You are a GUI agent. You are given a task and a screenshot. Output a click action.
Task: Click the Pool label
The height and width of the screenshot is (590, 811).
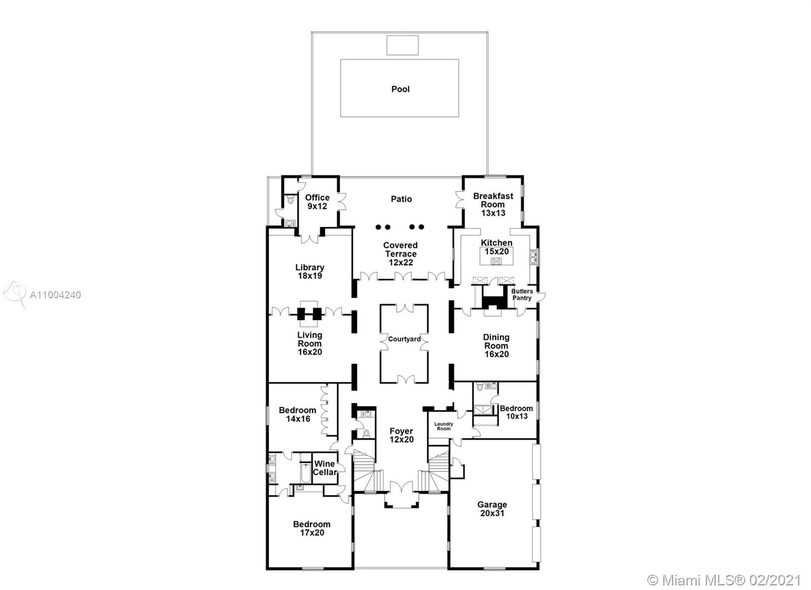click(400, 89)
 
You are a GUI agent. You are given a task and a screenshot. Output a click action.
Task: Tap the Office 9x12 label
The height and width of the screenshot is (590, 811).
click(317, 202)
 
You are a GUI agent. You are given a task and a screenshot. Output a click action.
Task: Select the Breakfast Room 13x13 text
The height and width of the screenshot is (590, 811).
click(493, 204)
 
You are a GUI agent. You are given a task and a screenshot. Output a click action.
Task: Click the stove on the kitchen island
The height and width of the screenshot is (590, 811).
click(496, 261)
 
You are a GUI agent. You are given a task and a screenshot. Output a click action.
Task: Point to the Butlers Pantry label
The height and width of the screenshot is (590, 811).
click(522, 295)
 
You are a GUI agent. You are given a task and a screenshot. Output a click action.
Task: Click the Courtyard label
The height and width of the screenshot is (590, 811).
click(404, 339)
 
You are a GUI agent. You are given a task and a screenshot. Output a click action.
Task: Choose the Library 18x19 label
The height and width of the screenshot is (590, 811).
click(310, 271)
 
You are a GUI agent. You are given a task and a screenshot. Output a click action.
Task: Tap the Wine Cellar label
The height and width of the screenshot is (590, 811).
click(324, 468)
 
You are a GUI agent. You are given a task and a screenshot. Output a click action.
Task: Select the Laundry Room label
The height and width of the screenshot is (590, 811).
click(444, 426)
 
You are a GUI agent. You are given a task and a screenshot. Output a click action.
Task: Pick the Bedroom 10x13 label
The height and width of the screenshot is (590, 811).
click(516, 412)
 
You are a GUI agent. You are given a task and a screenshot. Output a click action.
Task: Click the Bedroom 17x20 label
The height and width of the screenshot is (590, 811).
click(311, 528)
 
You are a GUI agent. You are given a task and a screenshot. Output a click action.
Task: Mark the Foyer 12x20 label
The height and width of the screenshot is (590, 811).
click(401, 435)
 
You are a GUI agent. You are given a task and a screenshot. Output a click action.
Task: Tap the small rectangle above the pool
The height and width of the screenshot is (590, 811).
click(402, 45)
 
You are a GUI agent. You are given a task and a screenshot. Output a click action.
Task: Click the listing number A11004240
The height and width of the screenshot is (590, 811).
click(55, 295)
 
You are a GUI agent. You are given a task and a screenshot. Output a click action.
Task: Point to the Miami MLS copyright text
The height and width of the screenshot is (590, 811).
click(724, 579)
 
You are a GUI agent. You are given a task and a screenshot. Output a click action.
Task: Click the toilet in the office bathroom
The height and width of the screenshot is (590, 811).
click(290, 201)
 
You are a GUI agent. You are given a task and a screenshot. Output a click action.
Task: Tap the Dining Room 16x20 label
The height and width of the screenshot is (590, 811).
click(496, 345)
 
